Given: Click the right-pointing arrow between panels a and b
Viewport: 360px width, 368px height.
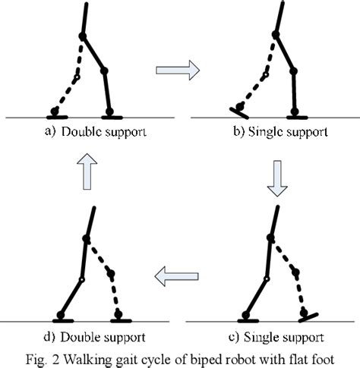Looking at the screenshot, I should point(177,71).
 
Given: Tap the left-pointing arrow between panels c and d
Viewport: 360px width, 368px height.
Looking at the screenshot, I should point(176,278).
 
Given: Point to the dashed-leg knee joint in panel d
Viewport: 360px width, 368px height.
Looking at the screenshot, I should point(111,274).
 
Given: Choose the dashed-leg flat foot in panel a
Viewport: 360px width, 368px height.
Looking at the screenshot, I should point(55,116).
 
